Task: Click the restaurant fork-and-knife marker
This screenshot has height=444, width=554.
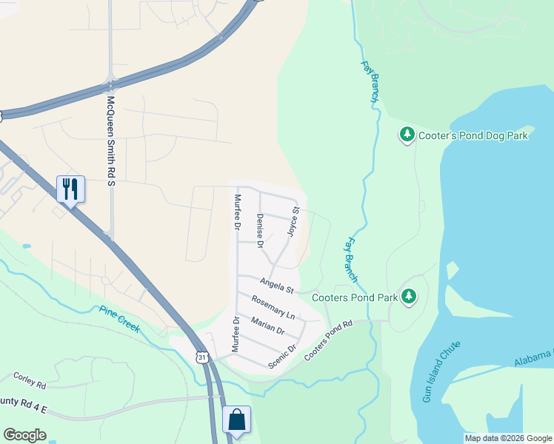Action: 70,189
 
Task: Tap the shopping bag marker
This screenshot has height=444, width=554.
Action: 236,420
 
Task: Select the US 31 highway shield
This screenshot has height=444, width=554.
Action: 202,357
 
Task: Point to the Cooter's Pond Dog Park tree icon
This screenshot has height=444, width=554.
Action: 407,135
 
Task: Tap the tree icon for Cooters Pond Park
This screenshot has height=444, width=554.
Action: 408,297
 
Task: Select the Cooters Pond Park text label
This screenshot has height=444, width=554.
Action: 355,297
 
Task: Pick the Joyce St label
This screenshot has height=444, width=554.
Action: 293,222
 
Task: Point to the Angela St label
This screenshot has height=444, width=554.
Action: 278,284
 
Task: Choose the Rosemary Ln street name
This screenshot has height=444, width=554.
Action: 273,308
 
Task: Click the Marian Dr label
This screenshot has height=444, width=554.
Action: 267,326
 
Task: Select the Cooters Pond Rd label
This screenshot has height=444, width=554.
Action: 329,340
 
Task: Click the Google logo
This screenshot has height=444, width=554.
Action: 24,435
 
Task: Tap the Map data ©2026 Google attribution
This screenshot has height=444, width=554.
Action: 508,438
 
